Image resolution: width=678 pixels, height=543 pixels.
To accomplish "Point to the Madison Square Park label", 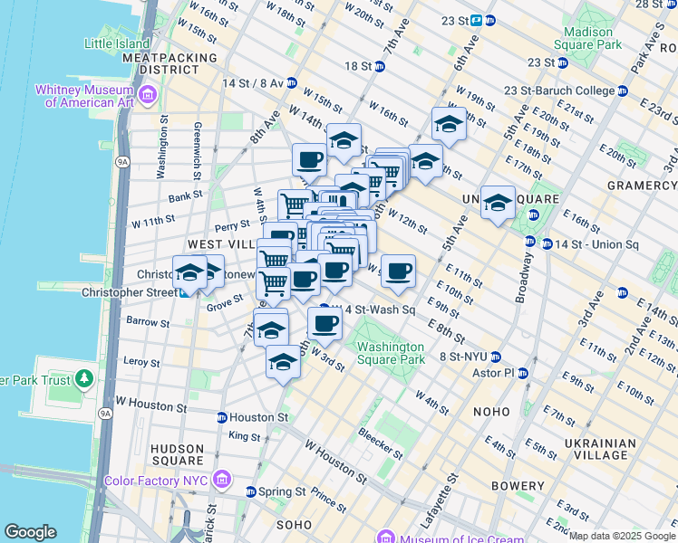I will coord(589,37).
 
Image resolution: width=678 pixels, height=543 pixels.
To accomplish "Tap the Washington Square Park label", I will coord(390,353).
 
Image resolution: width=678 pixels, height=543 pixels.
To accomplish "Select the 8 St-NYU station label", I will coord(464,357).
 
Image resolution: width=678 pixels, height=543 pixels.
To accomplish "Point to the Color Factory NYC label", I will coord(156,480).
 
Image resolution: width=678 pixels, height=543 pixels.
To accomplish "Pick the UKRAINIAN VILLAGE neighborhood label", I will coord(619,450).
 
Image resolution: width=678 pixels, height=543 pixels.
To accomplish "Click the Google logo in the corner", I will coord(30,532).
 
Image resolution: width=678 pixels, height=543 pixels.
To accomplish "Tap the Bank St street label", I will coord(184,196).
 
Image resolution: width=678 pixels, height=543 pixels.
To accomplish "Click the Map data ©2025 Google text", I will coord(622,536).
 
